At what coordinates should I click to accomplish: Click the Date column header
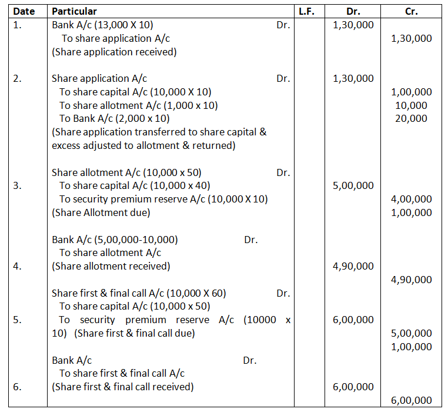(x=24, y=11)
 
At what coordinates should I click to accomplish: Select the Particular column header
(x=74, y=11)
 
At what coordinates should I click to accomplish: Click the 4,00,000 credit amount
(x=411, y=200)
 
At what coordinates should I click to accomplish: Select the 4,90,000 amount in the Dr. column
(x=353, y=266)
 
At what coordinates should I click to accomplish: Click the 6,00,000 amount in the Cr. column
(x=411, y=400)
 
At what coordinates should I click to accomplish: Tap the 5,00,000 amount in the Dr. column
(x=353, y=185)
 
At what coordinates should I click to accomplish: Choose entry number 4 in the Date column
(x=18, y=266)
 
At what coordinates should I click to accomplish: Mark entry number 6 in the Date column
(x=18, y=387)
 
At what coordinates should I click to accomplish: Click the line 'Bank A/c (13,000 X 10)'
(x=103, y=25)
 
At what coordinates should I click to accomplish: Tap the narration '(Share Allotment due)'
(x=101, y=212)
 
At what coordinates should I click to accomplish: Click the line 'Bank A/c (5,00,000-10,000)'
(x=115, y=240)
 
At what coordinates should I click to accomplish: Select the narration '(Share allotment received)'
(x=111, y=266)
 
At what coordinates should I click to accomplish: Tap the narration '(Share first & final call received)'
(x=122, y=387)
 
